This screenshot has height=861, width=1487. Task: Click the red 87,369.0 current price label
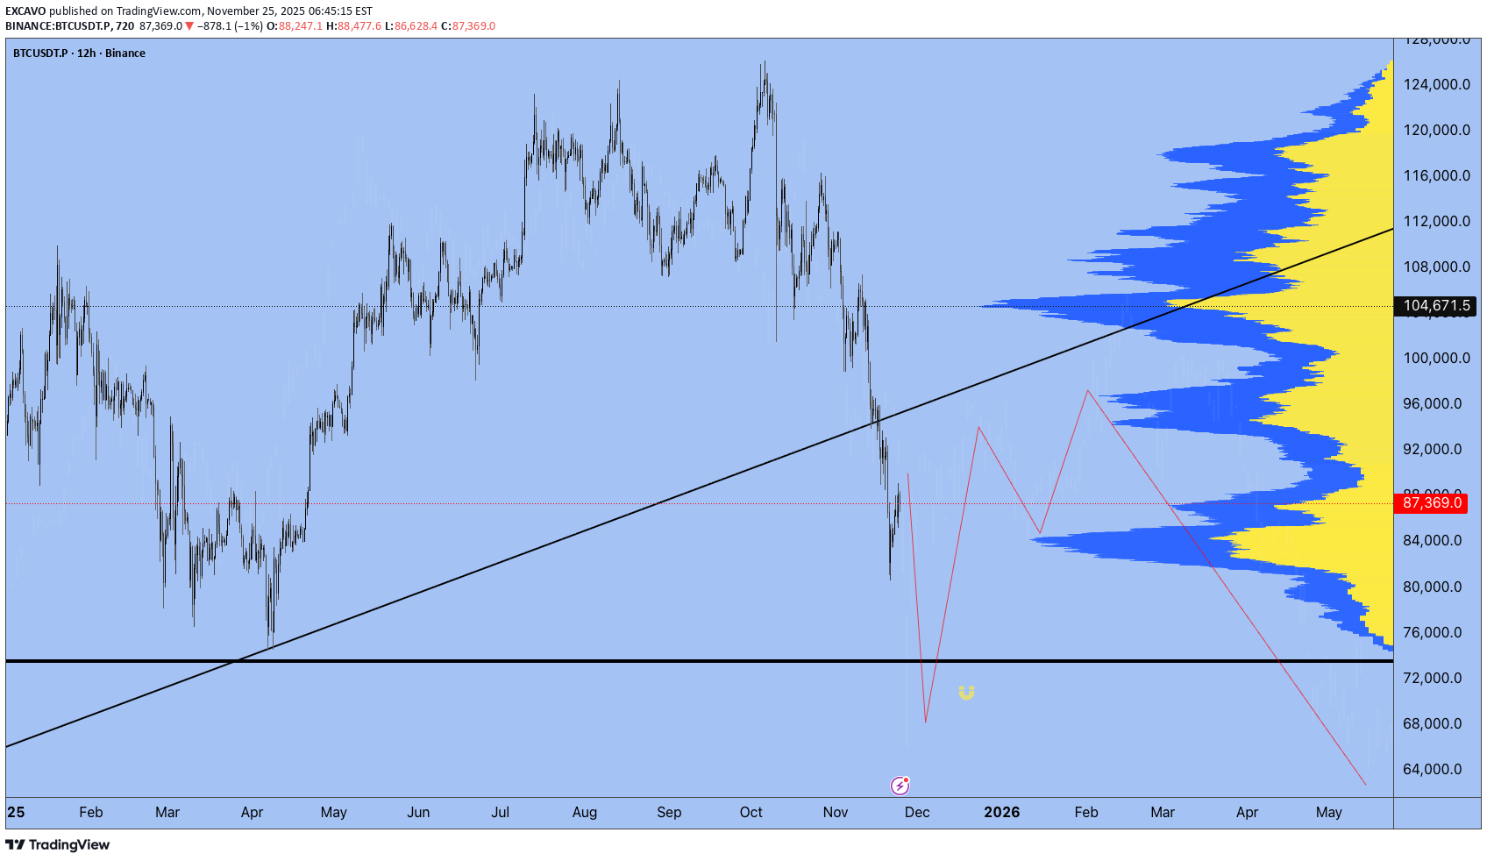1432,503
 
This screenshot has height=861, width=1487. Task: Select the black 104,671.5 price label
1435,306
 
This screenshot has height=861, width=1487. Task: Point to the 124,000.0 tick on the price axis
1436,84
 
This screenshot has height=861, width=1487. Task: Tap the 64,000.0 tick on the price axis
1432,769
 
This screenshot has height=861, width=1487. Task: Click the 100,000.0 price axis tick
1436,358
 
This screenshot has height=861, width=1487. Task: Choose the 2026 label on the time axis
1001,812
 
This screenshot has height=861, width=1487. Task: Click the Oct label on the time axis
751,812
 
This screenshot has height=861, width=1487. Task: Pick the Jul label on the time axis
500,812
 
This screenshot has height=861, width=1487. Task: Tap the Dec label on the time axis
917,812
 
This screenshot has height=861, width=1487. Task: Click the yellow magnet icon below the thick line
966,693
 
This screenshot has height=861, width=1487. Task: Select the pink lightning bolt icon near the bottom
900,785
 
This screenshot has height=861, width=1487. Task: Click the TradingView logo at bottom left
58,844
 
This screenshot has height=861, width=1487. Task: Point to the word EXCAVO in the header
25,11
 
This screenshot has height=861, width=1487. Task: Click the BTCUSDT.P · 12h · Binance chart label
79,53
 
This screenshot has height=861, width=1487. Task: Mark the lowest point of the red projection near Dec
925,722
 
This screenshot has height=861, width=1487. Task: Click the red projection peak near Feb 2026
1087,391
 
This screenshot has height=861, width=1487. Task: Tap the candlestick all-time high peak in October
764,62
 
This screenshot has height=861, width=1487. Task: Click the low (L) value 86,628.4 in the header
416,26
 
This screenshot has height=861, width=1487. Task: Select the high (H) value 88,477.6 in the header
359,26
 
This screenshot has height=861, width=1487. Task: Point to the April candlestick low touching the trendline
271,647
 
